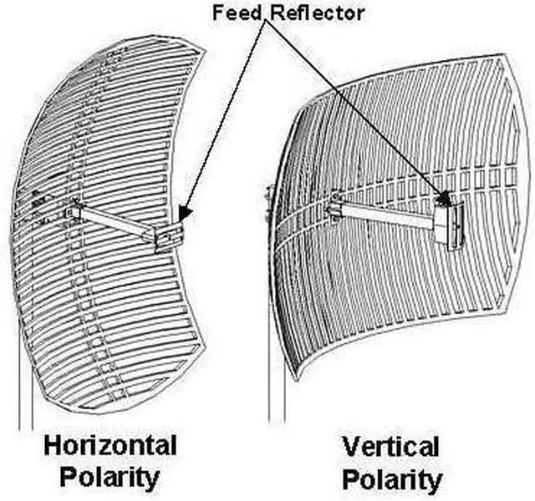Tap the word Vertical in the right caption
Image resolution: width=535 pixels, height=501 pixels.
[390, 447]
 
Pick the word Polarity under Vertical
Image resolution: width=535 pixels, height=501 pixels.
[391, 480]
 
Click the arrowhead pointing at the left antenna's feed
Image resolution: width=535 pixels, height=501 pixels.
[186, 214]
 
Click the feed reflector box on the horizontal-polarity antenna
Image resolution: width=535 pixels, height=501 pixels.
[169, 236]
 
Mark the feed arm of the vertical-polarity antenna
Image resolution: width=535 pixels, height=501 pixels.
[385, 213]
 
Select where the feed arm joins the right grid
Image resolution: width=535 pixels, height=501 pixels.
[335, 205]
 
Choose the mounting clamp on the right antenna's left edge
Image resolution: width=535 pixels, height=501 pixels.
[269, 199]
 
